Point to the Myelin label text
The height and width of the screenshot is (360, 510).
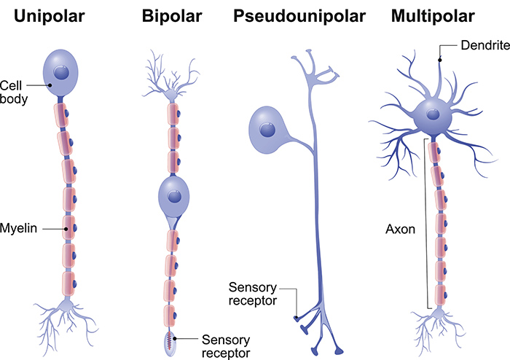tap(19, 228)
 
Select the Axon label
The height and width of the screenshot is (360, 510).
tap(400, 228)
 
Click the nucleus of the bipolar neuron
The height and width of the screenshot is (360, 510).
tap(173, 195)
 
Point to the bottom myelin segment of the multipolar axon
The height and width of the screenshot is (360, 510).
tap(439, 294)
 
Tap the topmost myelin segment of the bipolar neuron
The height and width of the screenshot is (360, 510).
tap(173, 114)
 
